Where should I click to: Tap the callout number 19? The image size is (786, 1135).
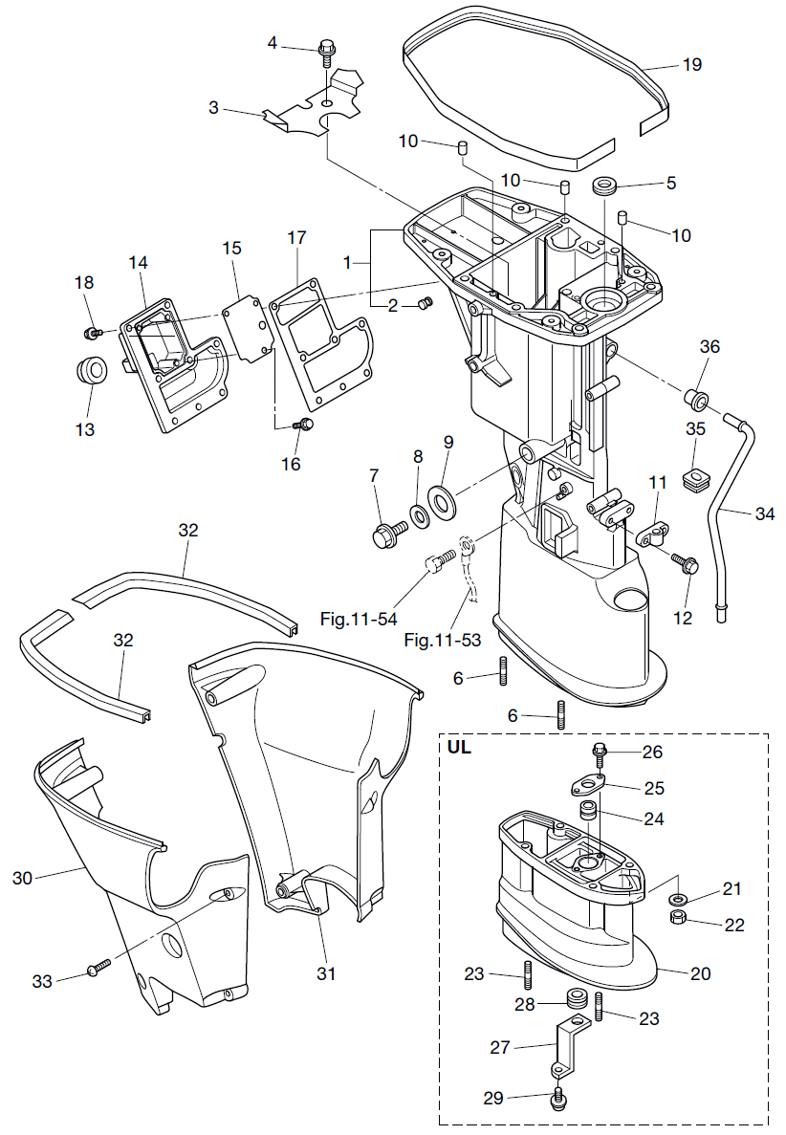pos(692,65)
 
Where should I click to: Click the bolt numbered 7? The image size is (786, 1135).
pos(384,532)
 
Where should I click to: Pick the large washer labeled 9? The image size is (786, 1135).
pos(443,500)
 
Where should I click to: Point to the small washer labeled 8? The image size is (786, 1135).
pos(419,517)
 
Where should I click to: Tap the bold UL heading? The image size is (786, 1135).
pos(460,749)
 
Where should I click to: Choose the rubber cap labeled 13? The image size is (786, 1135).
pos(89,371)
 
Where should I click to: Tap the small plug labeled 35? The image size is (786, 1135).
pos(695,475)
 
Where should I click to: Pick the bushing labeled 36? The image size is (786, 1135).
pos(693,395)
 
